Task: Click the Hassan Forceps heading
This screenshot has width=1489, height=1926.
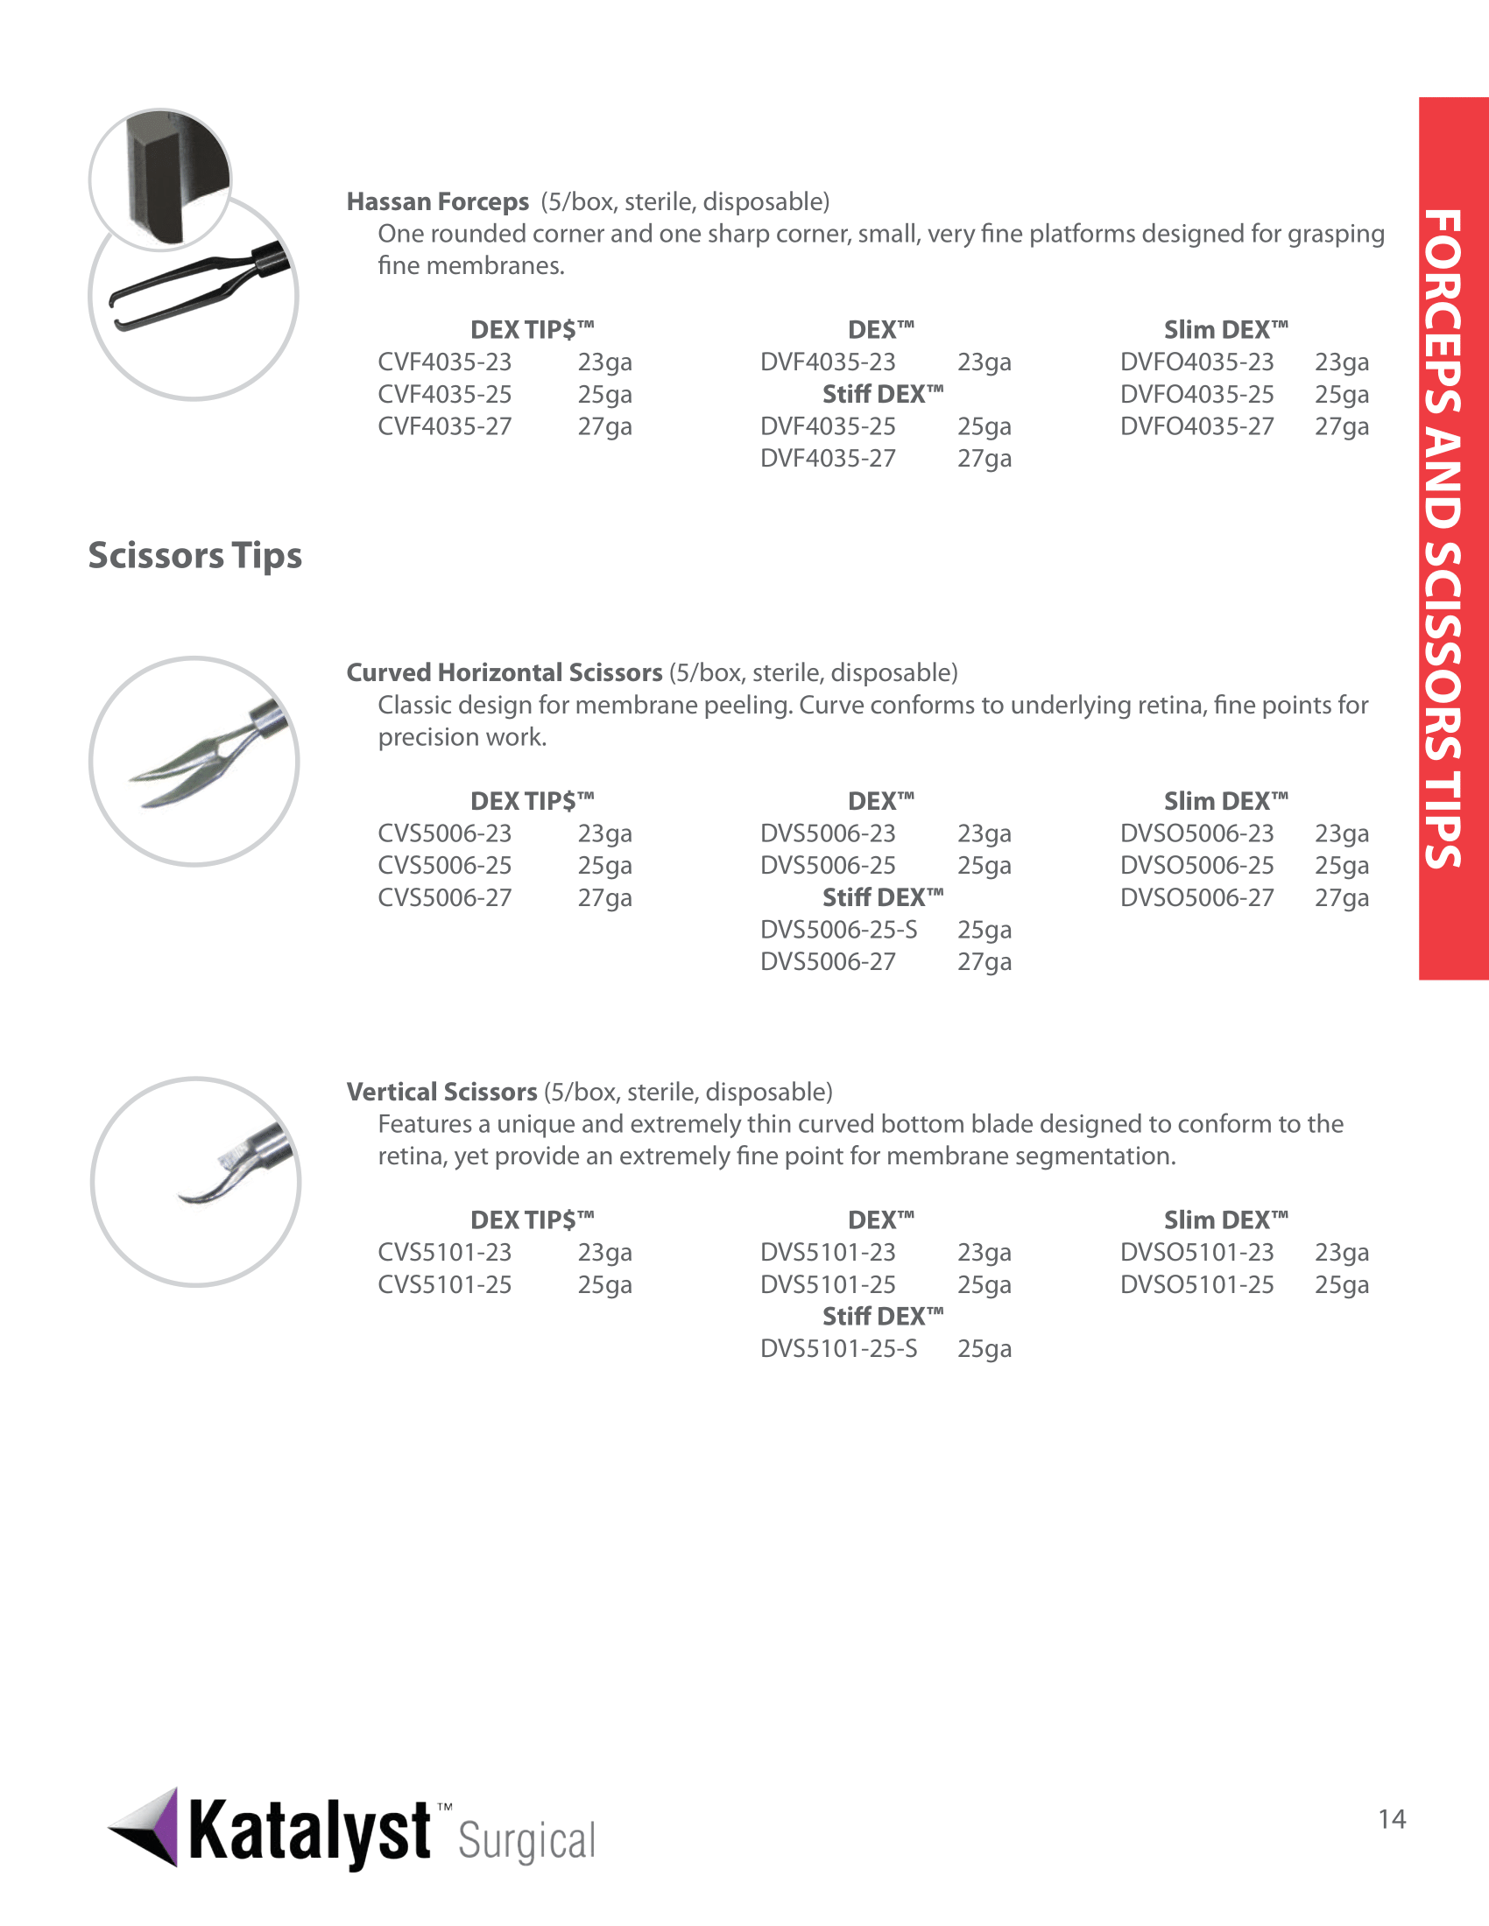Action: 438,202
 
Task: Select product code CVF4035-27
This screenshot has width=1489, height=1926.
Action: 445,427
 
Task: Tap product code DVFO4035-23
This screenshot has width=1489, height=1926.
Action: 1196,362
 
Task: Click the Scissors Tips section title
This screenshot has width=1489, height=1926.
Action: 195,556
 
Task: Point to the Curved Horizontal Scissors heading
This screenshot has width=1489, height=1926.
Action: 504,673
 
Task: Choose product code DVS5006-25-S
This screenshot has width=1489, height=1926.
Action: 838,931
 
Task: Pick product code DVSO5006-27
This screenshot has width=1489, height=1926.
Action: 1196,897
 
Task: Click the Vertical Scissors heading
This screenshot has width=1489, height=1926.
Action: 441,1092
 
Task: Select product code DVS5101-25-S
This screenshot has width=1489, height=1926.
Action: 838,1349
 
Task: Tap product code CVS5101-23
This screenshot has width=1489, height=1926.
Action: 445,1252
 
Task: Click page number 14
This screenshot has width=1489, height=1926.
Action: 1392,1819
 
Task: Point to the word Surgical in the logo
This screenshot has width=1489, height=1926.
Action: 526,1841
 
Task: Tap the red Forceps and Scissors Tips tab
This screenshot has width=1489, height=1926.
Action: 1453,538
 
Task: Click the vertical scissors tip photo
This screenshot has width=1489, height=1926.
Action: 196,1181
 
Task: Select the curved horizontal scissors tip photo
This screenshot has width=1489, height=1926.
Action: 194,761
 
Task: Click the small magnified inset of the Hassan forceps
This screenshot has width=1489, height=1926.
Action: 159,179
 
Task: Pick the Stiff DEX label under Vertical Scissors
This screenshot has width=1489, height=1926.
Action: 882,1317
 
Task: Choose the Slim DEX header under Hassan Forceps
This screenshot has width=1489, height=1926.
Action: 1225,330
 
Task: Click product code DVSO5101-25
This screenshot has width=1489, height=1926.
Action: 1196,1285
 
